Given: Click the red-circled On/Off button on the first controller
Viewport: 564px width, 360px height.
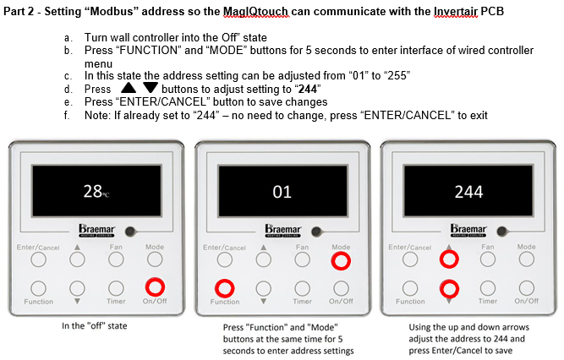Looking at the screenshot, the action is click(155, 287).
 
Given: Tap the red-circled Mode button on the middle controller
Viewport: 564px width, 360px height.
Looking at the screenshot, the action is click(341, 261).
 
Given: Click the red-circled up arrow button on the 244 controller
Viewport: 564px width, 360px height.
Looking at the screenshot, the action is click(449, 259).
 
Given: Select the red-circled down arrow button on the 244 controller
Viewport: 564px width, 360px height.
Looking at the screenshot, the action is click(449, 289).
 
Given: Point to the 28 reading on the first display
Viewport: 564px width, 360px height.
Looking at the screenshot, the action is click(93, 191).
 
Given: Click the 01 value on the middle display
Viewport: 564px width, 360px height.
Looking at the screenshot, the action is click(282, 192).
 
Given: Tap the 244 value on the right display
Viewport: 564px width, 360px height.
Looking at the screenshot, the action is click(468, 192).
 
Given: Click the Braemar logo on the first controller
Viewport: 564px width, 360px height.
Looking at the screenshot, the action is click(96, 231).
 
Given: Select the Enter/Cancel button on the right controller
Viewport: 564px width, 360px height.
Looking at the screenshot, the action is click(410, 259).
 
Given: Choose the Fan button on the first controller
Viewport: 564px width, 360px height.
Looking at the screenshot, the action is click(116, 259).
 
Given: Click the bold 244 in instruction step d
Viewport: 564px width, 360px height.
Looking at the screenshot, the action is click(308, 89).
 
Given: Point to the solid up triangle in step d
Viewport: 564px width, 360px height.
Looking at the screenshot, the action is click(129, 88).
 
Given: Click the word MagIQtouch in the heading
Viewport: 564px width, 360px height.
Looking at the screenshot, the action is click(255, 12).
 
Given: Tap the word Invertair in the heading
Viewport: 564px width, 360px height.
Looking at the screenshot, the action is click(456, 12).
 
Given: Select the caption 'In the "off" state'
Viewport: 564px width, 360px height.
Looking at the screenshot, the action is click(94, 326).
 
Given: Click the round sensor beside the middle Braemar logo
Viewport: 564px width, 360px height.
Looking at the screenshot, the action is click(316, 232).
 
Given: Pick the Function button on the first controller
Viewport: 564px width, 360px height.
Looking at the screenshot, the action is click(39, 288).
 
